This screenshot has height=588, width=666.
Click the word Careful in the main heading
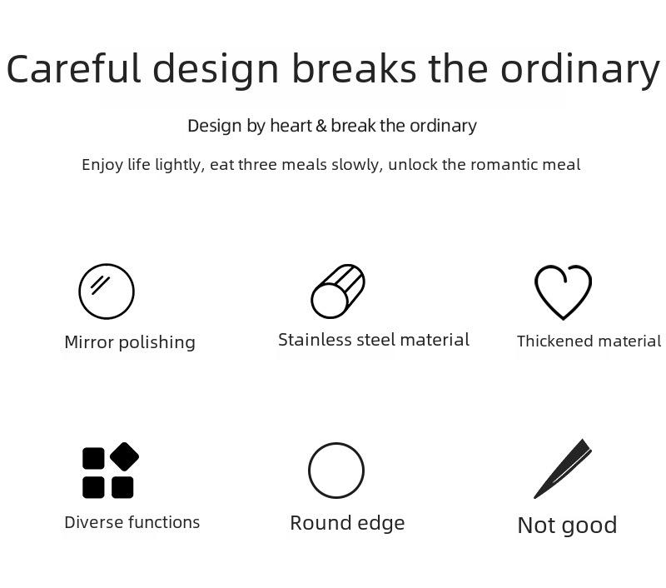click(x=73, y=68)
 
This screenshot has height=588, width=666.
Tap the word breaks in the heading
click(x=355, y=68)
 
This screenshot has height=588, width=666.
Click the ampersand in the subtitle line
click(x=321, y=126)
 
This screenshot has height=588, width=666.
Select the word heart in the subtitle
click(x=291, y=126)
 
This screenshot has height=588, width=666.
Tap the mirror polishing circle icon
click(x=107, y=291)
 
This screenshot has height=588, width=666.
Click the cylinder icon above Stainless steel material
click(x=338, y=291)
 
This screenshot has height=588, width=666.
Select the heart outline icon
click(x=564, y=292)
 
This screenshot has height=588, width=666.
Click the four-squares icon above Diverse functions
click(x=111, y=471)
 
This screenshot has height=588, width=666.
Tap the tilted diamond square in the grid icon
click(x=124, y=456)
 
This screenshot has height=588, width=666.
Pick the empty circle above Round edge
click(x=336, y=471)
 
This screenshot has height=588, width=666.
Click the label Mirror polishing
click(x=130, y=342)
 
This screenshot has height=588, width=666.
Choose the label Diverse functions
click(x=132, y=522)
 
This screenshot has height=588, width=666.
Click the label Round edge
click(x=347, y=523)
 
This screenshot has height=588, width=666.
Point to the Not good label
click(x=568, y=526)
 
